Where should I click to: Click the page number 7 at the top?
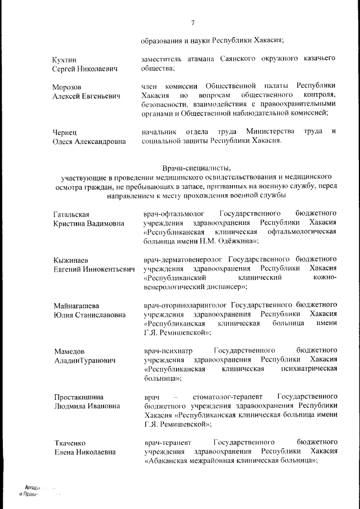(192, 22)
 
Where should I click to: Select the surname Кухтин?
(65, 59)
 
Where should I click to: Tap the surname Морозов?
(67, 87)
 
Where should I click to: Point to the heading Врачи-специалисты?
(196, 168)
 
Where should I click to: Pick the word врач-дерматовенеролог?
(183, 260)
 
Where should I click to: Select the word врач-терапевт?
(167, 442)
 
